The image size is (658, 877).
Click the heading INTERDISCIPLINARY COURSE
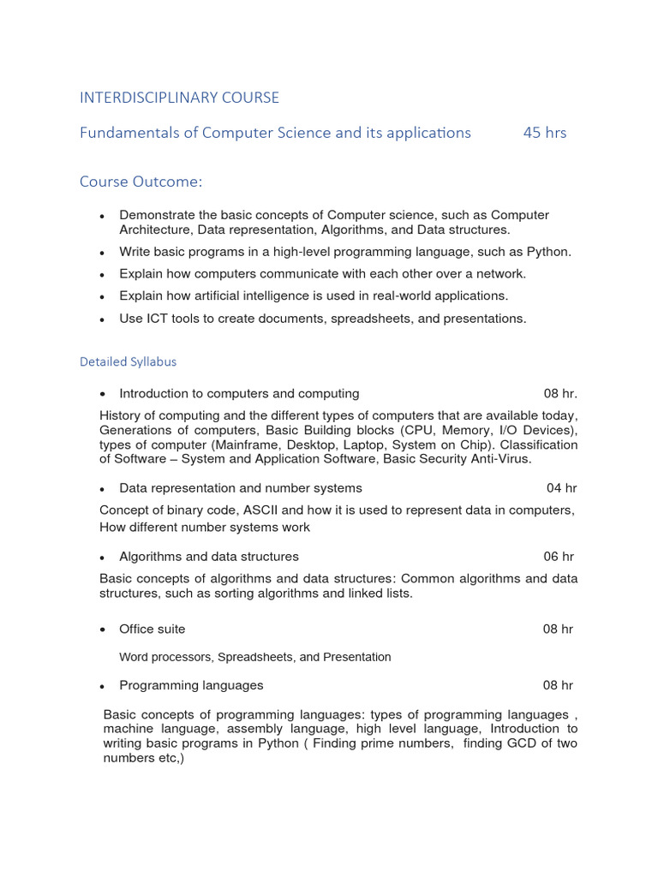coord(179,98)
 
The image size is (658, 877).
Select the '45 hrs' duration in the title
coord(544,133)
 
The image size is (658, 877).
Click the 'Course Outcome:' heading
coord(141,182)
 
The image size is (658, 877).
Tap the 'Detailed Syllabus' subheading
coord(128,361)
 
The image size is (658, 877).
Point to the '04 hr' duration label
coord(561,488)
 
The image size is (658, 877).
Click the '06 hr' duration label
coord(558,557)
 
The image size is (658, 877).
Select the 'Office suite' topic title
coord(152,629)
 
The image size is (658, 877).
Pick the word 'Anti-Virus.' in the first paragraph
coord(499,459)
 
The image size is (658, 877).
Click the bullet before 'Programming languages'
coord(103,686)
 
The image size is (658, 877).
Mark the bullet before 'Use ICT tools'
coord(103,319)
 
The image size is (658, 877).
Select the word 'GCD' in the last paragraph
coord(529,743)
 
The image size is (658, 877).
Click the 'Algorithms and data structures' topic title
coord(208,557)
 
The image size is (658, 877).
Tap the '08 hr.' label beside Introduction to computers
coord(560,394)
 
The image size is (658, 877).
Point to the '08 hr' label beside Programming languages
coord(558,685)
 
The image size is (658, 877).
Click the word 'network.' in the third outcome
coord(500,274)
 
